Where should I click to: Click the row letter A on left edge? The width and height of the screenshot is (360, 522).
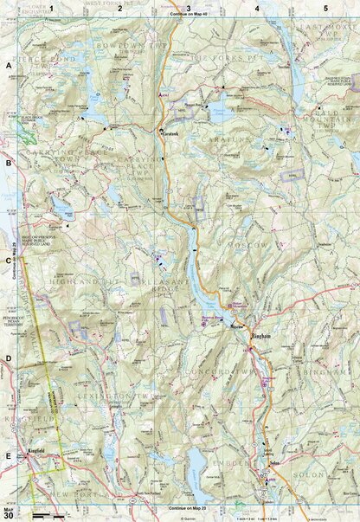(9, 66)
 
